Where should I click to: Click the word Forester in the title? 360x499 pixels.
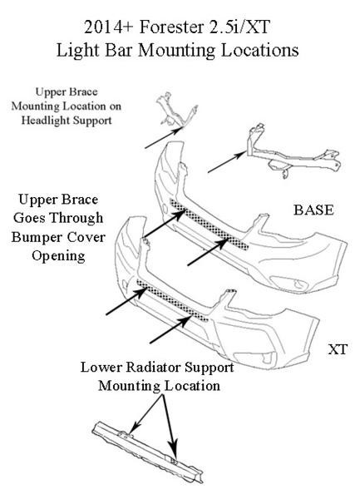coord(172,27)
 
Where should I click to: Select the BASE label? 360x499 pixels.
coord(313,210)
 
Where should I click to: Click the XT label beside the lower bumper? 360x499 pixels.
coord(338,349)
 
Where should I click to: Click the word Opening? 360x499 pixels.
coord(58,256)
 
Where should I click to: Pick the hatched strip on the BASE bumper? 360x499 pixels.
coord(209,224)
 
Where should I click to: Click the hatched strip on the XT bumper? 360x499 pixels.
coord(173,300)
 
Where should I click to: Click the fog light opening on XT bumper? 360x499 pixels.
coord(254,357)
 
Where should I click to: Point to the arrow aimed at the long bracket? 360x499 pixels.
coord(227,162)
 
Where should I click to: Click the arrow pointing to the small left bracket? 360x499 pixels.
coord(165,137)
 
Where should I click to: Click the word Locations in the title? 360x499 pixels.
coord(259,50)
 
